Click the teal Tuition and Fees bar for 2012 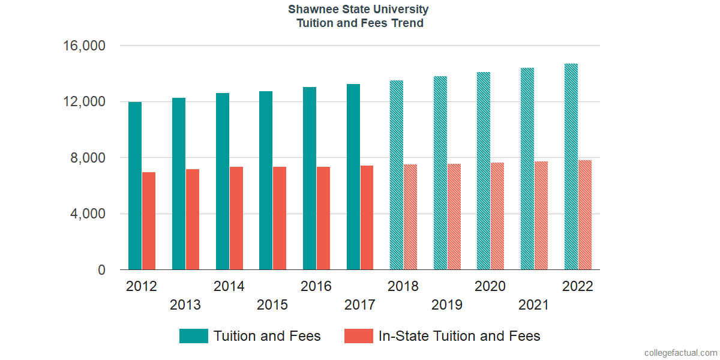(x=135, y=186)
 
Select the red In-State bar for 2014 (x=236, y=218)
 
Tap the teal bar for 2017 (x=353, y=177)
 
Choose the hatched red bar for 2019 (x=454, y=217)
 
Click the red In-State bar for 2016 (x=323, y=218)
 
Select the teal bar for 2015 (x=266, y=181)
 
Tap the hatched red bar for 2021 (x=541, y=215)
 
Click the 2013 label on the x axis (x=185, y=305)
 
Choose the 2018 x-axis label (x=403, y=286)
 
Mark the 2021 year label (x=533, y=305)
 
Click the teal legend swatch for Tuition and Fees (x=193, y=336)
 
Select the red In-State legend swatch (x=358, y=336)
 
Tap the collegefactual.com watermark (x=680, y=353)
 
